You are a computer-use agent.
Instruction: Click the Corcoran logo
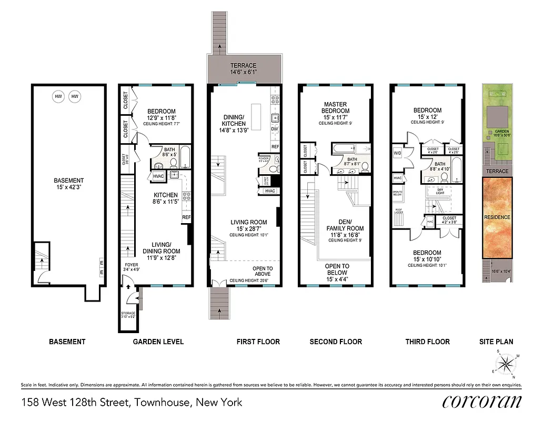[481, 402]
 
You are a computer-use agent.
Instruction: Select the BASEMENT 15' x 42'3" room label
[69, 184]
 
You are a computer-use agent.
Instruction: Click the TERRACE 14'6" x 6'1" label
[243, 68]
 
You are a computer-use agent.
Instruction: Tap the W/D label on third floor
[398, 154]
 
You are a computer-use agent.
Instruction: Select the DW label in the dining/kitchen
[274, 128]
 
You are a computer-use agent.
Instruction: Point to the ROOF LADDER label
[398, 212]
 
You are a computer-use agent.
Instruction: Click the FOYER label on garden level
[130, 267]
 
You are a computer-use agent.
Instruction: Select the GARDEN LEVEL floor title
[158, 342]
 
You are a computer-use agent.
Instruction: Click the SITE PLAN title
[497, 342]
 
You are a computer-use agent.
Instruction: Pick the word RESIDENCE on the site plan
[497, 217]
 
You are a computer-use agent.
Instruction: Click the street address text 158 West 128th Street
[132, 403]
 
